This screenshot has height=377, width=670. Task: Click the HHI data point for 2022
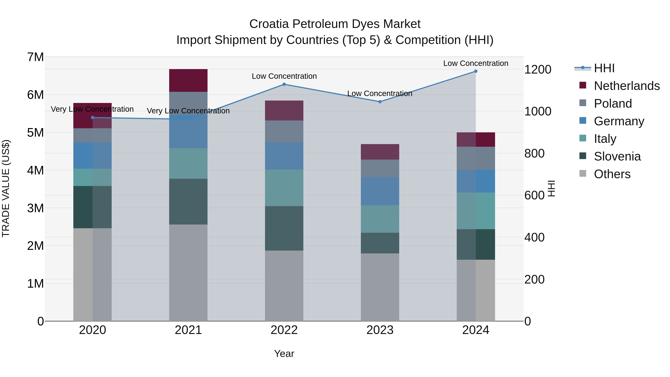point(284,84)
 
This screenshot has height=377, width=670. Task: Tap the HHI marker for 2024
point(476,71)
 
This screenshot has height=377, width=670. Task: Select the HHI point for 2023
point(380,102)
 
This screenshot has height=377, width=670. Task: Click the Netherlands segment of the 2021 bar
point(188,80)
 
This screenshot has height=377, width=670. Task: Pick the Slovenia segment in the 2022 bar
point(284,228)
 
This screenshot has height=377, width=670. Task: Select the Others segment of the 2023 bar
point(380,287)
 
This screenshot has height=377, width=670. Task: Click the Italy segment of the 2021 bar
point(188,163)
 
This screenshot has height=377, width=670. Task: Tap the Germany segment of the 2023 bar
point(380,191)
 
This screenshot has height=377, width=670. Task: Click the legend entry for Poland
point(613,104)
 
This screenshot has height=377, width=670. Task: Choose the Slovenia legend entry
point(617,156)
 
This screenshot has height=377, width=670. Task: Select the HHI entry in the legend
point(604,68)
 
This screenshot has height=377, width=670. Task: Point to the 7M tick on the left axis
point(36,57)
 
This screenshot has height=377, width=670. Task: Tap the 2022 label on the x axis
point(284,330)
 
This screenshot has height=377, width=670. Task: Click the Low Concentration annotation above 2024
point(476,63)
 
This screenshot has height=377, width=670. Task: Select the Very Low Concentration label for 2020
point(92,109)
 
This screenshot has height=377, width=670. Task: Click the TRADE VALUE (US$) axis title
point(6,188)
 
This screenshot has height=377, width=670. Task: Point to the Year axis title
point(284,354)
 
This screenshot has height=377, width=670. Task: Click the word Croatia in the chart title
point(269,24)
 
